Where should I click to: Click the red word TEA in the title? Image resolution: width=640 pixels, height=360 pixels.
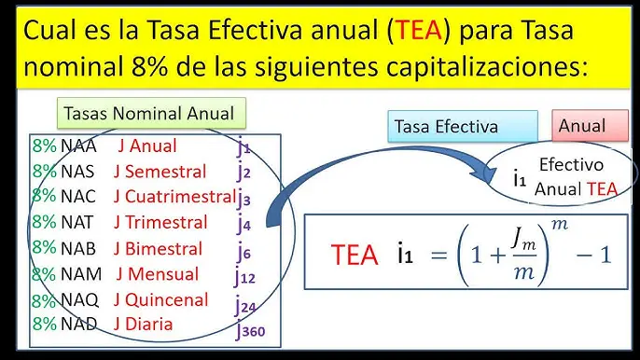pos(419,30)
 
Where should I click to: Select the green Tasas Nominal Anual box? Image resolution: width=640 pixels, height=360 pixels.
pos(151,113)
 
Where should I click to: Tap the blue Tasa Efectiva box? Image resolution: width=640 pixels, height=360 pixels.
pos(463,126)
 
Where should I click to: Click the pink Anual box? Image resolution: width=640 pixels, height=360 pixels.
pos(590,125)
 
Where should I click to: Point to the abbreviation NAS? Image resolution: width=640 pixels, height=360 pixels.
pos(77,172)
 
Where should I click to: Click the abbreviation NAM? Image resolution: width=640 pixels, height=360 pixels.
pos(81,274)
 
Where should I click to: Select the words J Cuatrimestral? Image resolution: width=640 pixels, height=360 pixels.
pos(174,197)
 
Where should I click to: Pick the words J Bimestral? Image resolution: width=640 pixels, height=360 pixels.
pos(158,249)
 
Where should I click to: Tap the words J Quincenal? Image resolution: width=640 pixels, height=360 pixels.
pos(160,300)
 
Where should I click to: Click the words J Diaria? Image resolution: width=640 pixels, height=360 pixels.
pos(144,324)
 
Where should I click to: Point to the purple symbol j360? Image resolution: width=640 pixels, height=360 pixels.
pos(250,330)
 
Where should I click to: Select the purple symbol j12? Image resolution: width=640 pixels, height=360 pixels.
pos(244,276)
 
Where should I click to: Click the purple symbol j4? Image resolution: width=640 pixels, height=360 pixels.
pos(244,223)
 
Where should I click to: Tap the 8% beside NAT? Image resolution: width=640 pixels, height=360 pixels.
pos(44,222)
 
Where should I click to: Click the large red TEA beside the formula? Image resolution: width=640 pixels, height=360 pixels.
pos(355,256)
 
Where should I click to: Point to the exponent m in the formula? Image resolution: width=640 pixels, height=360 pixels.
pos(560,224)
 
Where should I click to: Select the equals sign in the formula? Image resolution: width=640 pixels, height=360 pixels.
pos(439,256)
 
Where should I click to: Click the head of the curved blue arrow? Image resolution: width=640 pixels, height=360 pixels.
pos(485,171)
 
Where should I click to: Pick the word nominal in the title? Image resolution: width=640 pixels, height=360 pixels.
pos(74,66)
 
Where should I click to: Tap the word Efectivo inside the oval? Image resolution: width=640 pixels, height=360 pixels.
pos(571,165)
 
